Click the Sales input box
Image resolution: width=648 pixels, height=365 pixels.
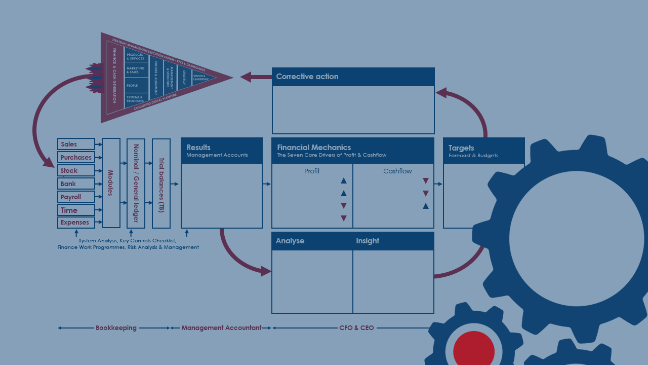click(76, 144)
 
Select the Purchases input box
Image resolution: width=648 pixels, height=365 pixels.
click(76, 158)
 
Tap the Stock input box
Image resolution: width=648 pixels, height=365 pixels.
click(76, 171)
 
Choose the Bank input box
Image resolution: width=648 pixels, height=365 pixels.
click(76, 184)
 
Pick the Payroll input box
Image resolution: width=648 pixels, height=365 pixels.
click(76, 197)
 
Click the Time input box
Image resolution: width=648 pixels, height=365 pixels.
click(76, 210)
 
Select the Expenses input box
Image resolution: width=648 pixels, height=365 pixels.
click(76, 223)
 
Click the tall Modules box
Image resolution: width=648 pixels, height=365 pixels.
click(111, 183)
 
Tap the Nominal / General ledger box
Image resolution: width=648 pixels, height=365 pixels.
click(136, 183)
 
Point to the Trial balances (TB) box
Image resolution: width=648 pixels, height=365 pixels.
click(161, 183)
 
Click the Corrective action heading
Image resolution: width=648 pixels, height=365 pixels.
click(307, 77)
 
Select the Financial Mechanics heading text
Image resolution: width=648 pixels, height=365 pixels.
click(314, 148)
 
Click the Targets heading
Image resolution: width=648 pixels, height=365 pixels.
click(461, 148)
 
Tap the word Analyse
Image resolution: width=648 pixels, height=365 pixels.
click(290, 241)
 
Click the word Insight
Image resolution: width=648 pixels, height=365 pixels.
click(368, 241)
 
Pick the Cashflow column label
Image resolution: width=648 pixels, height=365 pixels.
click(397, 171)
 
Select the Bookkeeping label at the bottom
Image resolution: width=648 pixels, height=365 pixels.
click(116, 328)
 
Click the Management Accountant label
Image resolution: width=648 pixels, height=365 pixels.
click(221, 328)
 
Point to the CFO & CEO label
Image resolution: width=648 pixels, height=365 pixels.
click(356, 328)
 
